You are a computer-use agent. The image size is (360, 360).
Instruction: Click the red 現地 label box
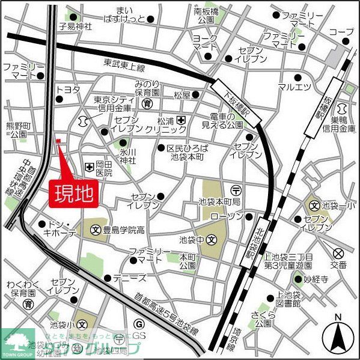74,194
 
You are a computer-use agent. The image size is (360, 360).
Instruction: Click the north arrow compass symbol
338,337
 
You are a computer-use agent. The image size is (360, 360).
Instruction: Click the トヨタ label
68,90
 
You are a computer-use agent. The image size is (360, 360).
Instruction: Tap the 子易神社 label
75,26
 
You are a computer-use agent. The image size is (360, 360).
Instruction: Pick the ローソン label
228,216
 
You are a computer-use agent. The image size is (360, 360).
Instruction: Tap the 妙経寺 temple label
317,279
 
